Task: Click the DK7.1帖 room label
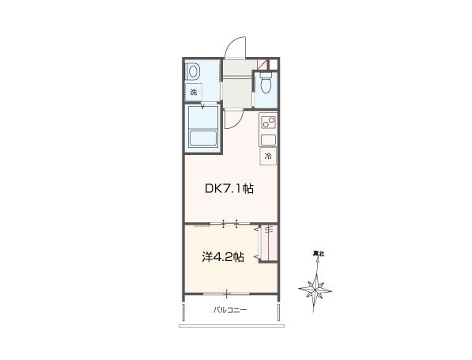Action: point(229,189)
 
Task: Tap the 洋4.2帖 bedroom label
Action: point(223,257)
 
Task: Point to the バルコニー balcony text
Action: point(230,309)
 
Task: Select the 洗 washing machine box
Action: point(193,92)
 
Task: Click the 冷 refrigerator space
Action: point(268,156)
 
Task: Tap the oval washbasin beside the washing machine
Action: point(193,72)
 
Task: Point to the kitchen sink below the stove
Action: point(268,140)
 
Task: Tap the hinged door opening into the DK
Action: point(233,119)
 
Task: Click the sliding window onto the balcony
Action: point(226,293)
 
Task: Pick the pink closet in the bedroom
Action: point(269,243)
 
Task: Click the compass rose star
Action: point(315,290)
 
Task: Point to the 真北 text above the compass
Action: point(318,254)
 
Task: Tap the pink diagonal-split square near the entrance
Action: point(262,64)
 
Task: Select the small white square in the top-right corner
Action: point(273,64)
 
